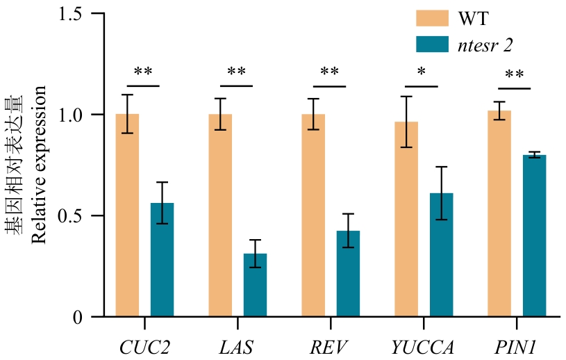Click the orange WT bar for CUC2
(x=127, y=215)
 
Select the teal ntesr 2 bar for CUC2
(x=162, y=260)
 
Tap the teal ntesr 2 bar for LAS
(x=255, y=285)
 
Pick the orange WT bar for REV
(x=313, y=215)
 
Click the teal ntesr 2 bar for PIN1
(x=534, y=236)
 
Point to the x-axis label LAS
(x=237, y=345)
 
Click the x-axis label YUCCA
(x=423, y=345)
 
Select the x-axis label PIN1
(x=516, y=345)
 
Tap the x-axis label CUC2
(x=144, y=345)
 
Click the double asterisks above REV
(x=330, y=72)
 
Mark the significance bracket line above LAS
(x=237, y=86)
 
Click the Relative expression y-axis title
(x=39, y=165)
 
